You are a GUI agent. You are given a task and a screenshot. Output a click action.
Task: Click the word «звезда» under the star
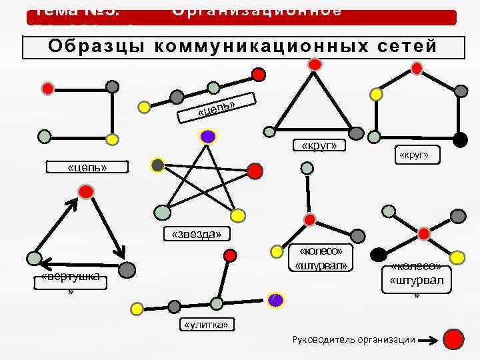197,233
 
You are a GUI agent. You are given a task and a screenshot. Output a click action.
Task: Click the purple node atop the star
208,137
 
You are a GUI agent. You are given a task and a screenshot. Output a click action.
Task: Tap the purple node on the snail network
275,300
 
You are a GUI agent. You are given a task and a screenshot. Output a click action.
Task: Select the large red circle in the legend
454,339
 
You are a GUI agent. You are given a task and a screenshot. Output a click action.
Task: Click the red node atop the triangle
315,65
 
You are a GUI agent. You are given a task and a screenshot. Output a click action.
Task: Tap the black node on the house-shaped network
459,139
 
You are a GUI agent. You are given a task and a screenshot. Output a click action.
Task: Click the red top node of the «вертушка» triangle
85,193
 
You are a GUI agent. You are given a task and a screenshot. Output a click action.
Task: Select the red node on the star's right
255,171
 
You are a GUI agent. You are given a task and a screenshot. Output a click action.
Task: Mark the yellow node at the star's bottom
237,215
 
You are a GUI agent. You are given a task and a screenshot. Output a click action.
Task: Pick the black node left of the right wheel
379,254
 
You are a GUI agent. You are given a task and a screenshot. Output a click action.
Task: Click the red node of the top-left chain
47,88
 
